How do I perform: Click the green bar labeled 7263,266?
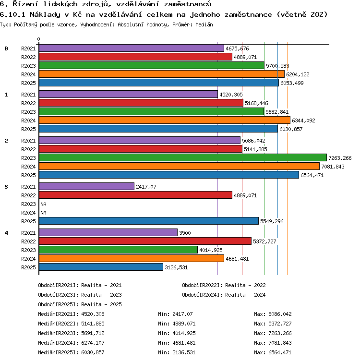[x=183, y=158]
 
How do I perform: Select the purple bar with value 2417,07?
[x=86, y=186]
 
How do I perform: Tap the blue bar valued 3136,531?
[x=101, y=267]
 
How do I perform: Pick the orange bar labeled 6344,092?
[x=165, y=120]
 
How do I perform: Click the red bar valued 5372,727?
[x=145, y=241]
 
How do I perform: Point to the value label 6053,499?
[x=292, y=83]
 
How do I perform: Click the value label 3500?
[x=185, y=233]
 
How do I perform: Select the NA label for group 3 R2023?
[x=43, y=204]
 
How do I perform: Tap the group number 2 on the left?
[x=6, y=141]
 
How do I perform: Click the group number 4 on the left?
[x=6, y=233]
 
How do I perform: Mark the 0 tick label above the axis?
[x=39, y=39]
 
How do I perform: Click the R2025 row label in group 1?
[x=28, y=129]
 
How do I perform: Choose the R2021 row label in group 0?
[x=28, y=48]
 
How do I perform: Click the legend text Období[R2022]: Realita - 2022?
[x=224, y=285]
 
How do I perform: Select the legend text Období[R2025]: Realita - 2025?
[x=80, y=304]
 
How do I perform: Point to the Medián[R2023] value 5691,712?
[x=93, y=333]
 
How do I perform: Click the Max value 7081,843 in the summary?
[x=280, y=343]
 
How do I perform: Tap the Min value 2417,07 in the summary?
[x=182, y=314]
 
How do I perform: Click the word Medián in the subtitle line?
[x=204, y=24]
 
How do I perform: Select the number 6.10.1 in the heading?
[x=12, y=15]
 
